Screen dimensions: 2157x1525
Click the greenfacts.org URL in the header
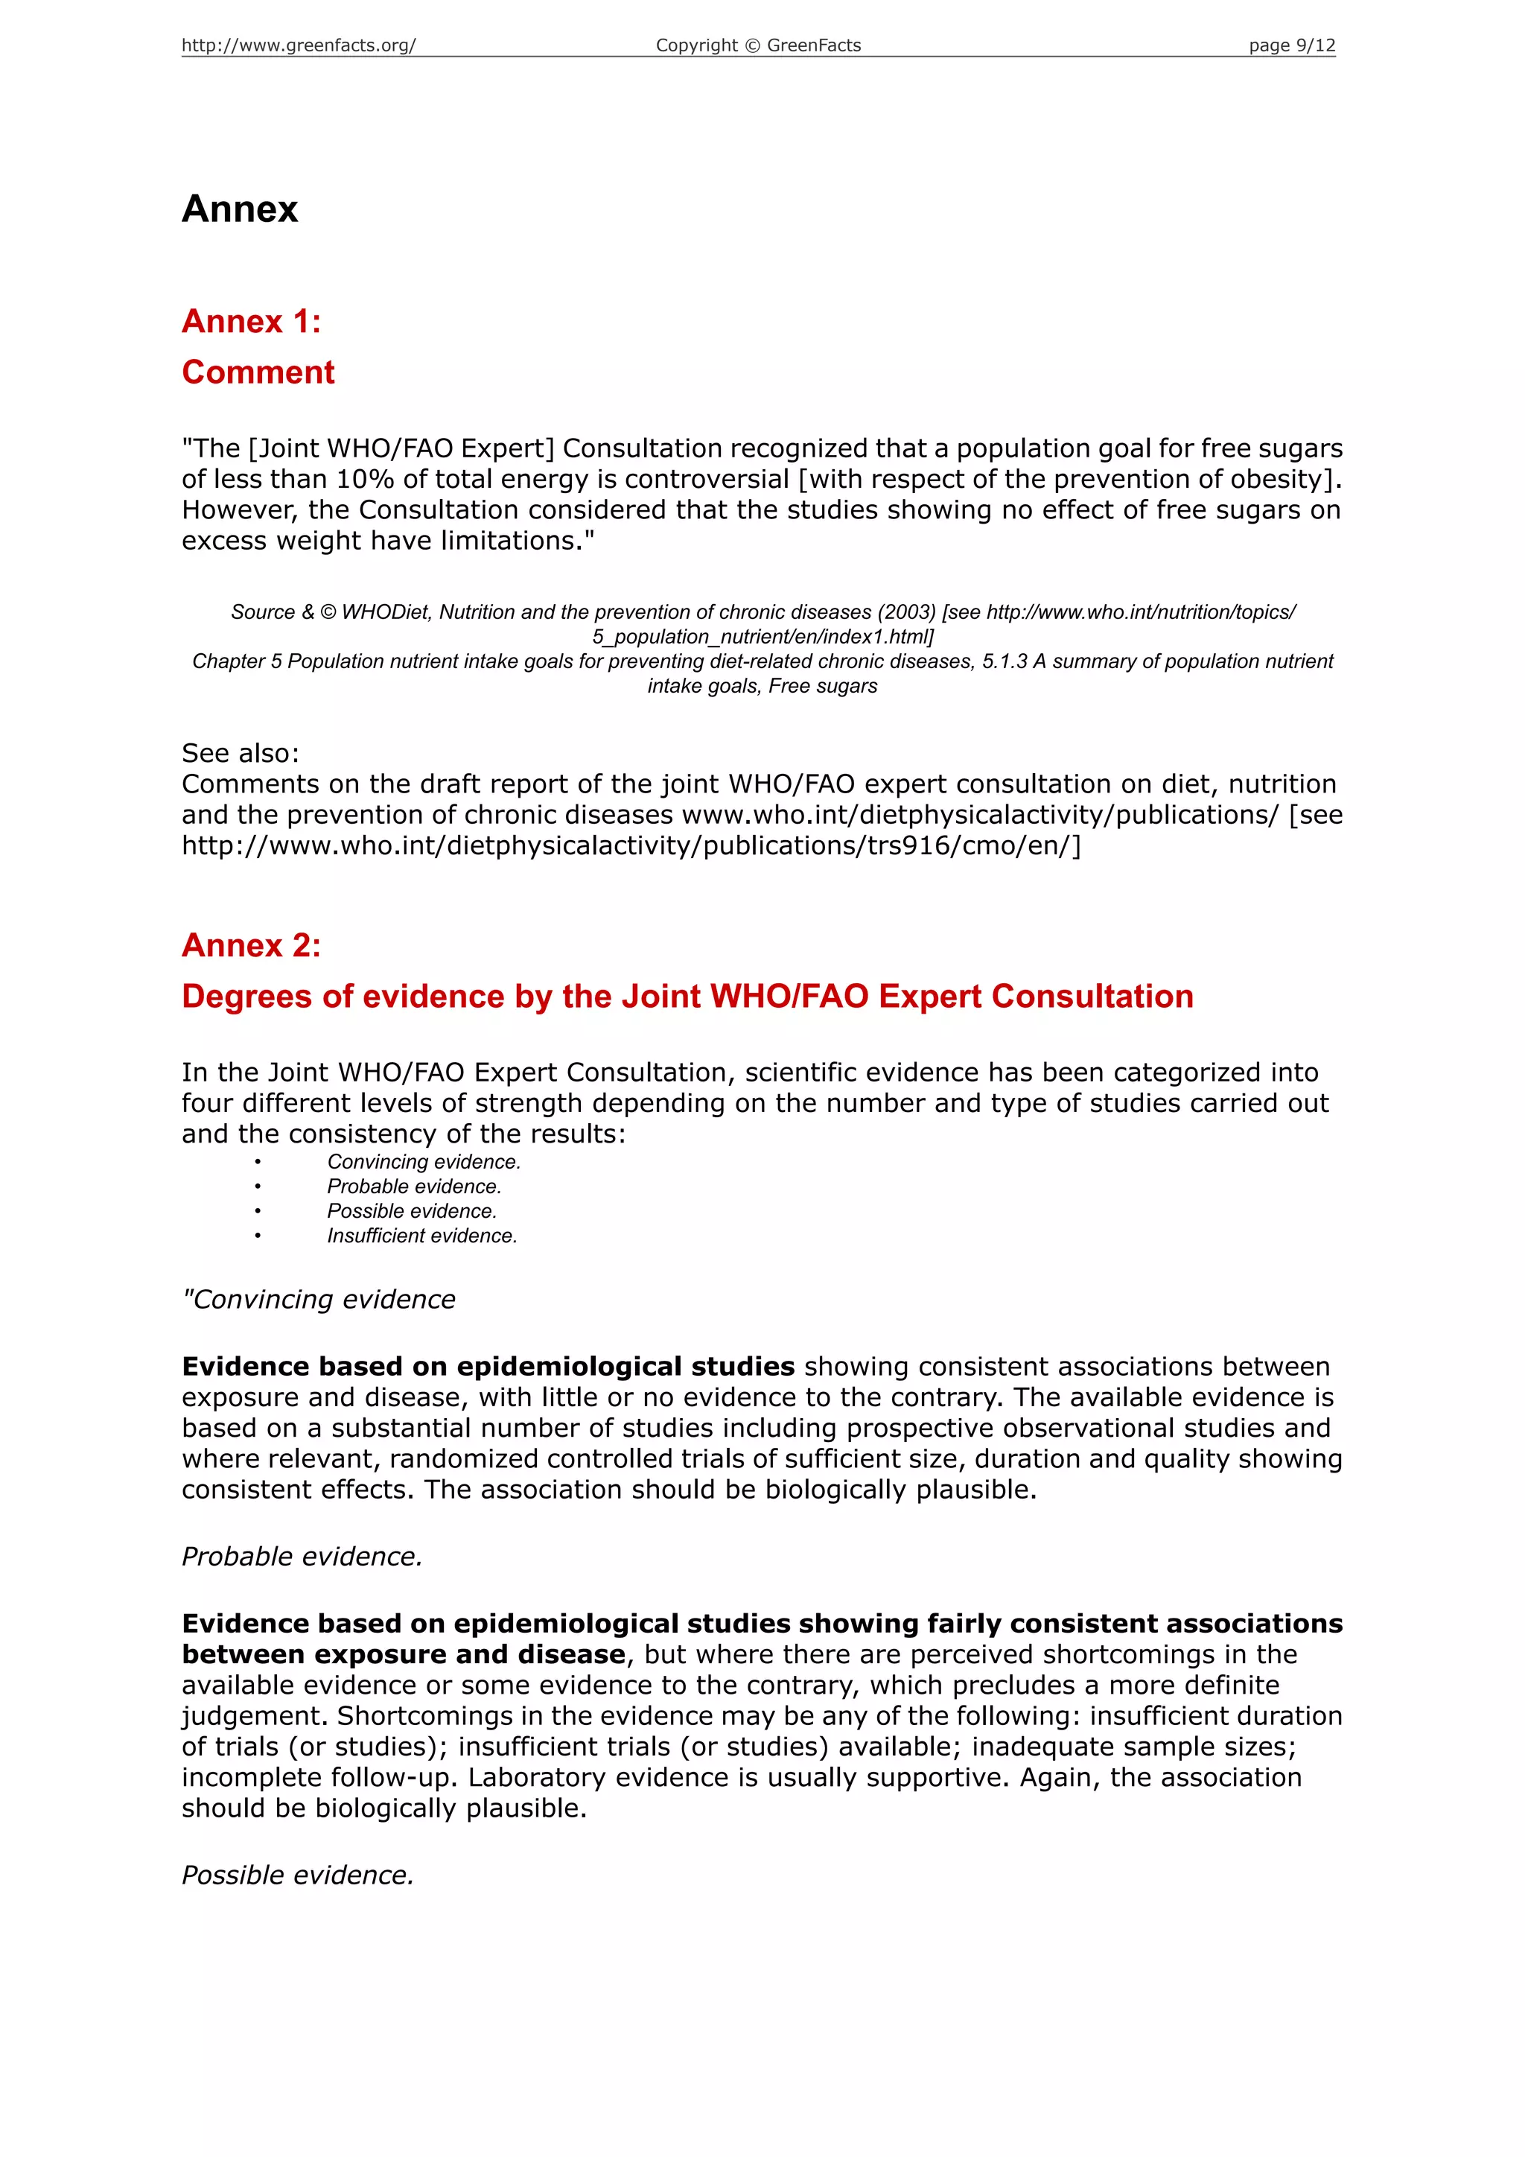click(x=298, y=45)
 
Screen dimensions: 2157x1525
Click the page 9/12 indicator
click(x=1291, y=45)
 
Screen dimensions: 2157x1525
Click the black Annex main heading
click(x=240, y=209)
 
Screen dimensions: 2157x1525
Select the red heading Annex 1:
click(x=252, y=321)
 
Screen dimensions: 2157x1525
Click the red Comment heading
click(x=258, y=372)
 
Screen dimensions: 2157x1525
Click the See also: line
click(x=241, y=754)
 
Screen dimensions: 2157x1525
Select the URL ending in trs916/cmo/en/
click(x=631, y=845)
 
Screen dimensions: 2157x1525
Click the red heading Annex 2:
click(x=252, y=945)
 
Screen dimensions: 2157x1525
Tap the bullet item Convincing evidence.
click(x=424, y=1162)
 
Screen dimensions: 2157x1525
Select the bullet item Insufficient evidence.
click(x=421, y=1236)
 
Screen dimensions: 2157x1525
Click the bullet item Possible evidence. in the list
click(x=411, y=1212)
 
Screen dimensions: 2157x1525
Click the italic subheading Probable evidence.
click(x=302, y=1557)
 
